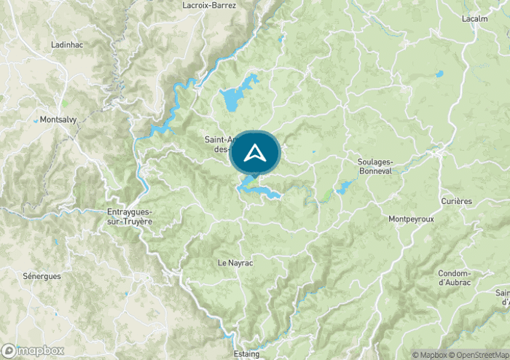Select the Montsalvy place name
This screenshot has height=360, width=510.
click(x=59, y=120)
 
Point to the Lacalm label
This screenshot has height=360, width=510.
click(x=474, y=19)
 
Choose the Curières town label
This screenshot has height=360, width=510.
click(x=456, y=201)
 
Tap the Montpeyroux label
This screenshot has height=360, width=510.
click(x=412, y=219)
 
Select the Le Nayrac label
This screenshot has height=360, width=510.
click(x=235, y=262)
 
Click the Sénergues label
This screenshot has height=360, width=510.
click(x=42, y=277)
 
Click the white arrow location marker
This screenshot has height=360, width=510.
click(x=255, y=153)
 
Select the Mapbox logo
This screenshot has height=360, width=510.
click(x=32, y=351)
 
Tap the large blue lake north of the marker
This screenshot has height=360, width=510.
click(x=238, y=95)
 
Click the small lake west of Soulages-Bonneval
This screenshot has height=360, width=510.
click(x=343, y=188)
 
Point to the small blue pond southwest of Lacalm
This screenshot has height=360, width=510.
click(x=439, y=74)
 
